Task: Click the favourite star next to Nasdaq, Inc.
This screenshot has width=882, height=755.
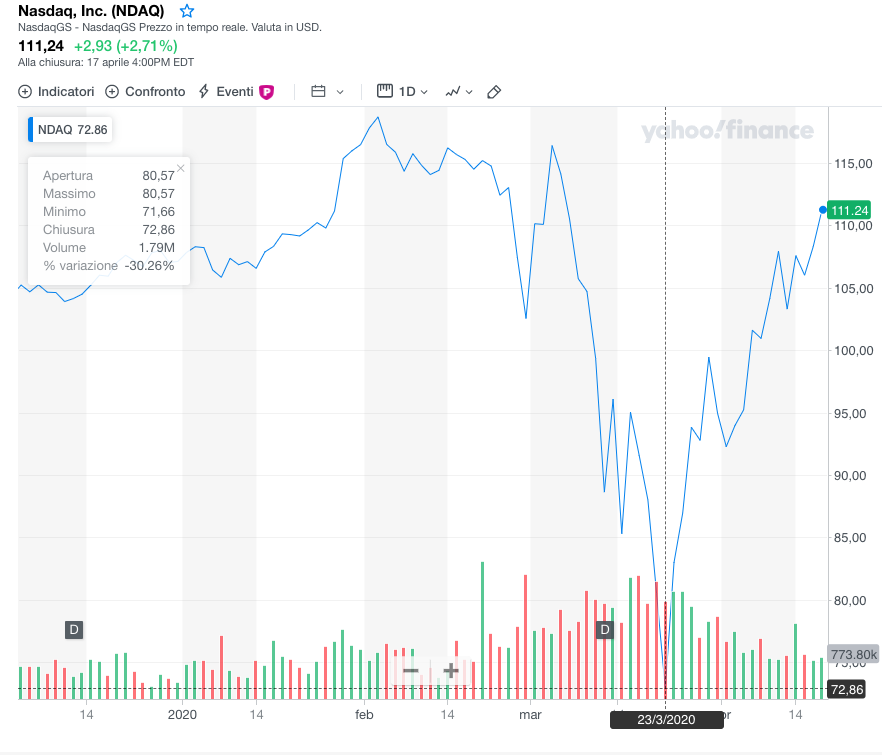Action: tap(187, 11)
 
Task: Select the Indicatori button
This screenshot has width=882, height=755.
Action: tap(57, 91)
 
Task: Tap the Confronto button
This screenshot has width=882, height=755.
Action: tap(145, 91)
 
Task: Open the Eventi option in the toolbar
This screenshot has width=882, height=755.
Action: tap(236, 91)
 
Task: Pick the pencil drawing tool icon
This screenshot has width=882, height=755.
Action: tap(494, 92)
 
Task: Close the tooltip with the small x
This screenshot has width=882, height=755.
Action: tap(180, 168)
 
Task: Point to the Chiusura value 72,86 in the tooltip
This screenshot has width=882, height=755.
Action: tap(158, 230)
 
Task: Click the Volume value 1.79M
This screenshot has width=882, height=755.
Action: tap(158, 248)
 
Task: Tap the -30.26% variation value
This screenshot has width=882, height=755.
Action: tap(149, 266)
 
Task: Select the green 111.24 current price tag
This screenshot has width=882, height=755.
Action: tap(849, 210)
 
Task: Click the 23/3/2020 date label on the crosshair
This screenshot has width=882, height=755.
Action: tap(666, 719)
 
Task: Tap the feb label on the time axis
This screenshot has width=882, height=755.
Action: tap(364, 715)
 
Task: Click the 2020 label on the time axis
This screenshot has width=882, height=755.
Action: tap(183, 715)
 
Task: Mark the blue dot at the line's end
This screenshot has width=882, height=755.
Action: tap(822, 209)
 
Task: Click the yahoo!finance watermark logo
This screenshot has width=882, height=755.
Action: tap(727, 131)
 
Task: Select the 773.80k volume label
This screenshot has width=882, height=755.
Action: tap(854, 654)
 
